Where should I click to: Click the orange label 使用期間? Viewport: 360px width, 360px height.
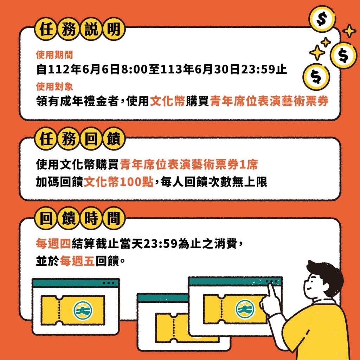pos(54,54)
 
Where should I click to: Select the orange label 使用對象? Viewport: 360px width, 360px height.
pos(54,86)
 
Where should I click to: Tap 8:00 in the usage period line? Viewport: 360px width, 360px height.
pos(134,69)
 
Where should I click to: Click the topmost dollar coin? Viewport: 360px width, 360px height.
pos(322,19)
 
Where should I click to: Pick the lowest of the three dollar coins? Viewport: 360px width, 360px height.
pos(316,77)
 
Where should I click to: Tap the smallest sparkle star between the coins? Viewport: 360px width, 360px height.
pos(325,42)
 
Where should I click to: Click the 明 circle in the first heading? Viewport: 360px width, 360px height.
pos(114,30)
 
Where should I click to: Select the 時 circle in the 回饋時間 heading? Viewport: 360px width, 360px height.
pos(91,218)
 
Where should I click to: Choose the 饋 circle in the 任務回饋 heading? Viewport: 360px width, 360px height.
pos(114,139)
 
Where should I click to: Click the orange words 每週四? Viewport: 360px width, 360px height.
pos(53,244)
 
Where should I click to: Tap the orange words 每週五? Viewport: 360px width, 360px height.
pos(77,261)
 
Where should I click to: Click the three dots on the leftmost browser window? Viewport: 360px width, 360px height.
pos(108,283)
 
